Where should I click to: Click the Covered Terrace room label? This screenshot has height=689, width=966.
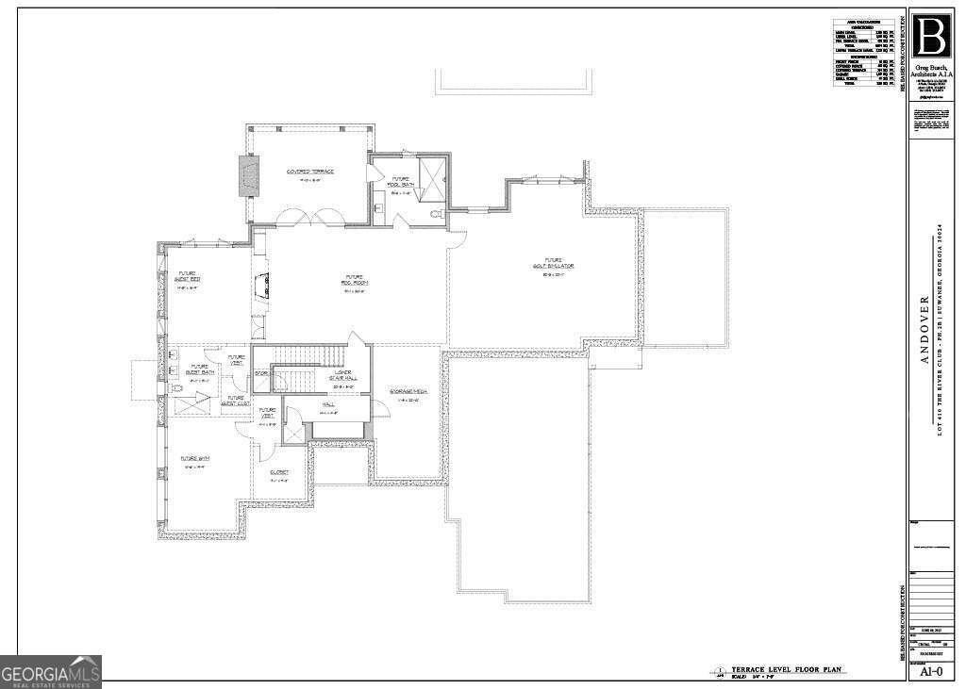click(x=310, y=172)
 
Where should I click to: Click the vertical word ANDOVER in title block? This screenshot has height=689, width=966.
click(x=924, y=329)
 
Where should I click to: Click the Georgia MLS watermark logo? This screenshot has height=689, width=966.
click(x=51, y=671)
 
